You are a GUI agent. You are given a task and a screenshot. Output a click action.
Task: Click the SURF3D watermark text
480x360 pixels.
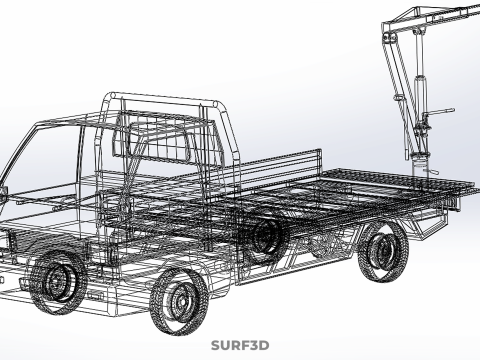tap(240, 345)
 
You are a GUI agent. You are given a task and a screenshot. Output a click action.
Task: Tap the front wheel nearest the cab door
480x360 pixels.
tap(179, 300)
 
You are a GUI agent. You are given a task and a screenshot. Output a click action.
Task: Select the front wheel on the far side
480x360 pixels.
tap(58, 282)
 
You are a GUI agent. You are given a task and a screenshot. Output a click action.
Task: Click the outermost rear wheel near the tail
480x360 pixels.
tap(383, 252)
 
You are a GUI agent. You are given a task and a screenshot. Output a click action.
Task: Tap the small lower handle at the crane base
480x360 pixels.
tap(431, 171)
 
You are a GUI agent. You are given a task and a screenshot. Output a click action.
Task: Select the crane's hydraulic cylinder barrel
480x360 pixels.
tap(419, 98)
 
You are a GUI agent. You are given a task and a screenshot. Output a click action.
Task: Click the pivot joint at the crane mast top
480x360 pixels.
tap(387, 37)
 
